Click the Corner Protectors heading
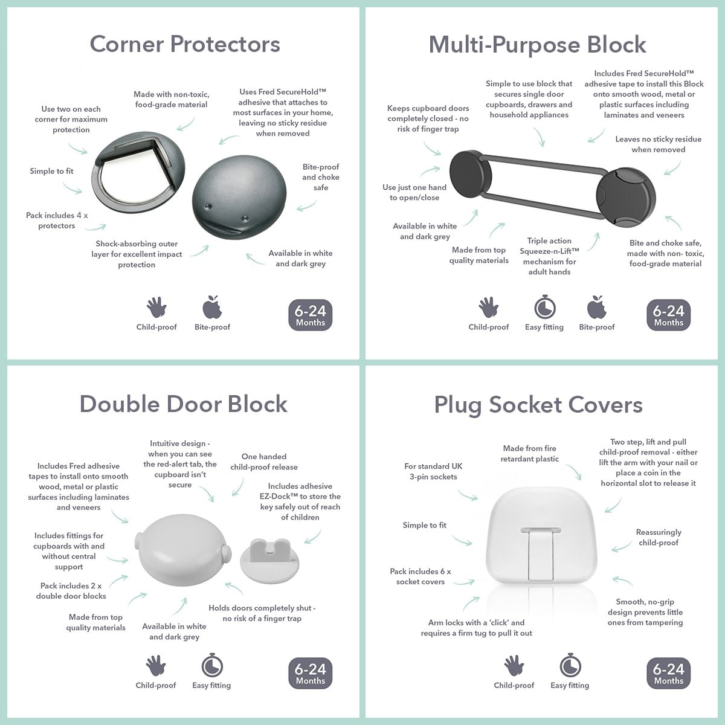[185, 44]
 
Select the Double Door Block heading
[184, 404]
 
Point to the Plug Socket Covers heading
[538, 405]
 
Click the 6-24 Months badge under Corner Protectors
[311, 315]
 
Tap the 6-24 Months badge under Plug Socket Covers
[669, 674]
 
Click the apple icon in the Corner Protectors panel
[212, 307]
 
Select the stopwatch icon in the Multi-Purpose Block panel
[545, 307]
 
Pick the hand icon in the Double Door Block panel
[156, 666]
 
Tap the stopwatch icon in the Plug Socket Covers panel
[570, 665]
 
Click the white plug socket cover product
[542, 535]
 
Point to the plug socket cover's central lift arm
[541, 553]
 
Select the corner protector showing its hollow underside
[138, 173]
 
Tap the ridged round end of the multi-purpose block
[626, 198]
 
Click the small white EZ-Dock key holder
[269, 559]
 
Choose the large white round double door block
[183, 550]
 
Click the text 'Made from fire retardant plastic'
[529, 454]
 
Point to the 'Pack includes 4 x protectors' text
[57, 221]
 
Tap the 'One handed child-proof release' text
[264, 462]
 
